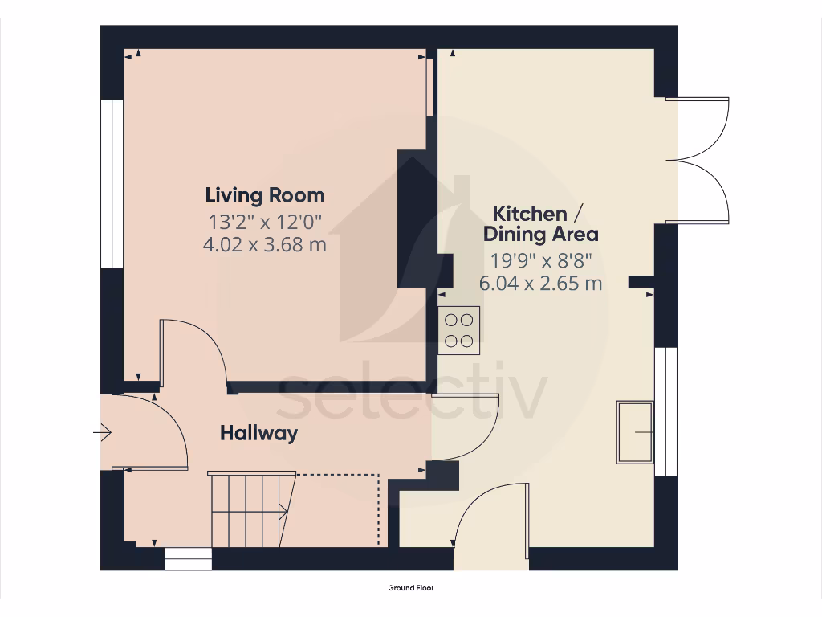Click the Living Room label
pos(265,195)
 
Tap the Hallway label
pos(258,434)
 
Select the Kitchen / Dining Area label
pos(540,224)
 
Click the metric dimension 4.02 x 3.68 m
pos(265,244)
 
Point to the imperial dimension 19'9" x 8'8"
pos(540,260)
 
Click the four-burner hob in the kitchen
pos(459,330)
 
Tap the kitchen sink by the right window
pos(635,432)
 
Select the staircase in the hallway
pos(249,509)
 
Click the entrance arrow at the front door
pos(102,434)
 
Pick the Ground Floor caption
pos(411,588)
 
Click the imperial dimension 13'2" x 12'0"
pos(265,220)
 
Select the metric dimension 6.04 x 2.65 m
pos(540,284)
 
